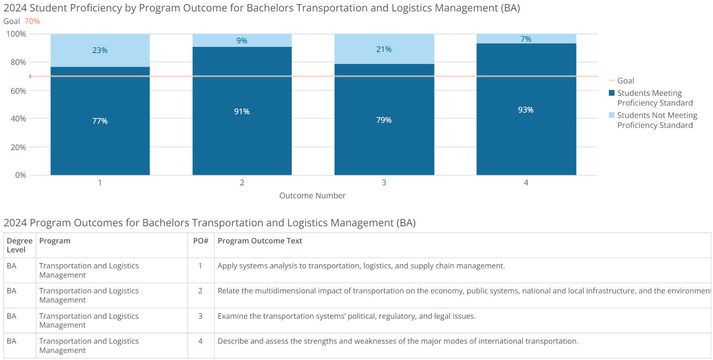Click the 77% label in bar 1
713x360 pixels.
tap(100, 121)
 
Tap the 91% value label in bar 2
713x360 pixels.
tap(242, 111)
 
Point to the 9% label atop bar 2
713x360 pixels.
tap(242, 41)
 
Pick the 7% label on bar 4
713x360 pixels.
tap(526, 39)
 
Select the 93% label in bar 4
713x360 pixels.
tap(526, 110)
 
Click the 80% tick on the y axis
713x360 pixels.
tap(18, 62)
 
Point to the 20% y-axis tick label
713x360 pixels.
tap(18, 147)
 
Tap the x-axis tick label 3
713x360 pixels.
tap(384, 183)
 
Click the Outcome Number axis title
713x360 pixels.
tap(312, 196)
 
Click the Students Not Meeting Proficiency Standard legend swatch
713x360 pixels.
tap(612, 115)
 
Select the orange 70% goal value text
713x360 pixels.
tap(32, 21)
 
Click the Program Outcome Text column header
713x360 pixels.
tap(260, 241)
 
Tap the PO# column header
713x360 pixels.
tap(200, 241)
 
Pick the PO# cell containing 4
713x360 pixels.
tap(200, 341)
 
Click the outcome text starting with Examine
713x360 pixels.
tap(346, 316)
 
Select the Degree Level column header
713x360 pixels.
tap(19, 245)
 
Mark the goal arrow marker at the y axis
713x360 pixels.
tap(31, 76)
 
